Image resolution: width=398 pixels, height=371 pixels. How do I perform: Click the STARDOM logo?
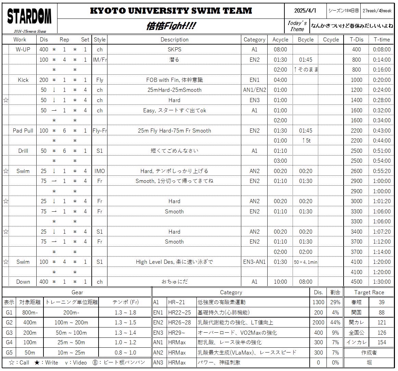pos(29,16)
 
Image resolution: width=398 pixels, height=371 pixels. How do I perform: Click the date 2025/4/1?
pos(305,11)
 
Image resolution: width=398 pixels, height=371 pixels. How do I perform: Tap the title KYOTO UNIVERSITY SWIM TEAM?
pos(171,11)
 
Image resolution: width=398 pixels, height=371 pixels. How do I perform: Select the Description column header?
pos(174,39)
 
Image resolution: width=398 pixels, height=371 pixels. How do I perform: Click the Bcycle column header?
pos(306,39)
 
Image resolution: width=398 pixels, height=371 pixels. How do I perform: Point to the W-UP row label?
pos(23,49)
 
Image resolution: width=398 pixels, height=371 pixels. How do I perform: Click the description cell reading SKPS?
pos(174,49)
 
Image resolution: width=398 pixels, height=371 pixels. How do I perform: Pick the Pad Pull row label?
pos(23,131)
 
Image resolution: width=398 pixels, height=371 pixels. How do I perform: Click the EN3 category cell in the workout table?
pos(254,100)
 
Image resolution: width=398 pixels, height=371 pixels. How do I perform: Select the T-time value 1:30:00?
pos(382,282)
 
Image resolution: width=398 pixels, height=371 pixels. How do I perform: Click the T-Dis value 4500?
pos(356,282)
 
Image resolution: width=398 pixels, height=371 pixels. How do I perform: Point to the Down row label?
pos(23,282)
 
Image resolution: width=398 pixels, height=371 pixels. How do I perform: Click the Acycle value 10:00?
pos(280,282)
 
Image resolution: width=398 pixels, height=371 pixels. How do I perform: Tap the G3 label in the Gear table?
pos(9,332)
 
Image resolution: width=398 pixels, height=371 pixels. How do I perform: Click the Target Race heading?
pos(369,292)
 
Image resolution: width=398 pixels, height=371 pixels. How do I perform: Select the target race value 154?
pos(382,342)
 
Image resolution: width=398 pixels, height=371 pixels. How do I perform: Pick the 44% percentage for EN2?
pos(335,322)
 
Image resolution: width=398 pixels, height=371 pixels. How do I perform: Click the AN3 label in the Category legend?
pos(158,362)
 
